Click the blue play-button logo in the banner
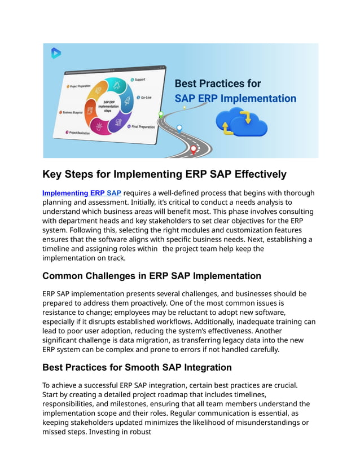click(56, 54)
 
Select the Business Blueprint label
click(74, 112)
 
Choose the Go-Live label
click(145, 97)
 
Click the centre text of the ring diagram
click(108, 106)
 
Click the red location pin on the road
click(194, 149)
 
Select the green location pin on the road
click(161, 114)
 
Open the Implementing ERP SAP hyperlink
click(81, 193)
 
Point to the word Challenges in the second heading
click(113, 276)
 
